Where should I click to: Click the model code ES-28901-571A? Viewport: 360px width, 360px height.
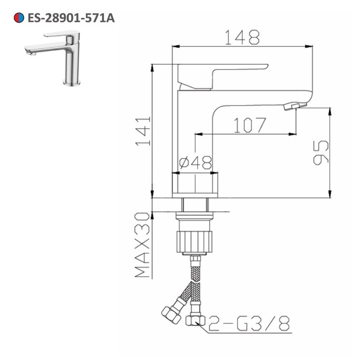point(71,18)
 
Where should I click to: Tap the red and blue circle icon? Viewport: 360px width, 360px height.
point(19,18)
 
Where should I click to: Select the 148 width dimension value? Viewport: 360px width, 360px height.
point(242,37)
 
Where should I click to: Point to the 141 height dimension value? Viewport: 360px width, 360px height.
point(143,131)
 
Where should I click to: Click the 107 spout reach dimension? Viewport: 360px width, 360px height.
point(249,125)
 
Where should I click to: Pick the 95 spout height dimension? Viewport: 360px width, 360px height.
point(320,153)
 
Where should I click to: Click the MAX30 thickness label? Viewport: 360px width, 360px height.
point(143,245)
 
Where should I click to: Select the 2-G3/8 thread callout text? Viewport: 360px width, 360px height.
point(248,323)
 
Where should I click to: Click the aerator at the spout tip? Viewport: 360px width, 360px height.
point(295,106)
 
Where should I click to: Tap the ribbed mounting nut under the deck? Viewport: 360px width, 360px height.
point(194,242)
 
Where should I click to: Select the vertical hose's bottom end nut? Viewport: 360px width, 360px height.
point(195,320)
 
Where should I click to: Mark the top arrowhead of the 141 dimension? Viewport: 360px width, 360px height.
point(152,67)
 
